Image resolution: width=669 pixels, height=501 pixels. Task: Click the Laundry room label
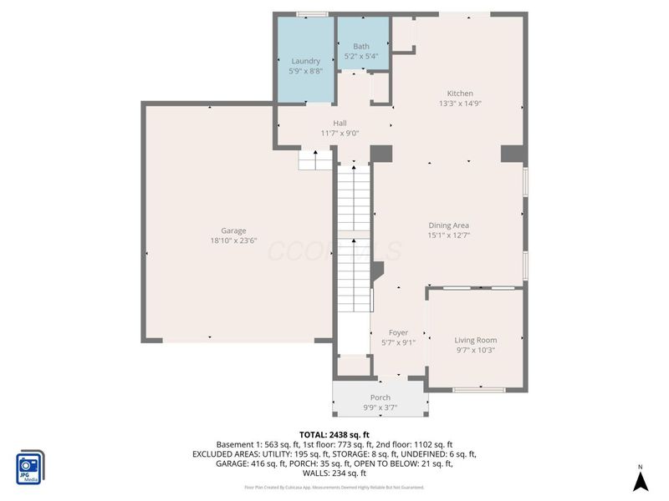305,61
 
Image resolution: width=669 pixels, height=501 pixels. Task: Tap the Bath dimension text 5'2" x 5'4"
361,57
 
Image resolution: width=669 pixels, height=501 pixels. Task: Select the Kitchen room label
460,94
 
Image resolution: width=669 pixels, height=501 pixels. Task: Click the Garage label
233,230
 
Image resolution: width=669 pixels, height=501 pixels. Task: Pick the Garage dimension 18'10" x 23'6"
233,241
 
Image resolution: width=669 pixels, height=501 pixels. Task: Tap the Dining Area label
449,225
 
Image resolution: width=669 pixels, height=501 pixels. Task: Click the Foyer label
398,332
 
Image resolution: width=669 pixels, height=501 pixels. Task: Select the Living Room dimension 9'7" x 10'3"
475,350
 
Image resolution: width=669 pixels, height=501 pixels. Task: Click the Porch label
380,397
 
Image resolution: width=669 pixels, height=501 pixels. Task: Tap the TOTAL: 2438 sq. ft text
334,434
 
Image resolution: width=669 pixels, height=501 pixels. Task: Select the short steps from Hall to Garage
316,159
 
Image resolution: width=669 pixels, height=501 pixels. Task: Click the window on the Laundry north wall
312,13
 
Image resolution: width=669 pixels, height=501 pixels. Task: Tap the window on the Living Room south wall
478,389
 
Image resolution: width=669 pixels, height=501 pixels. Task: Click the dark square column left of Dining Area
381,154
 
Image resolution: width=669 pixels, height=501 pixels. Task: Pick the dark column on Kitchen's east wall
512,154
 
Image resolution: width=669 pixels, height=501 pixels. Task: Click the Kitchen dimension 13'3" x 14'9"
460,104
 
